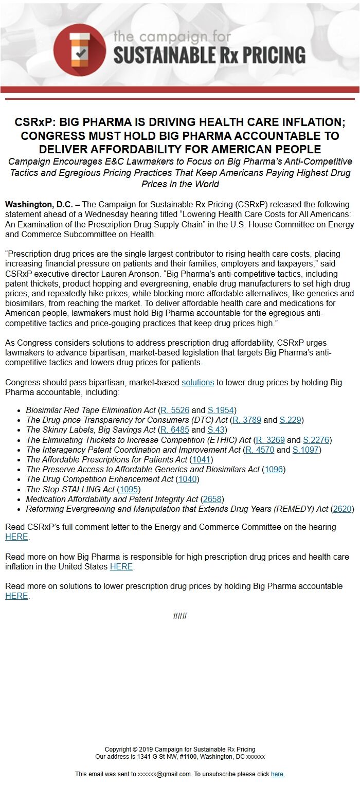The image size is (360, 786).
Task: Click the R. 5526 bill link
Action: click(175, 410)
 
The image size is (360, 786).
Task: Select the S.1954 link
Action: click(221, 410)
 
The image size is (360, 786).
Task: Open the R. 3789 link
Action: click(247, 420)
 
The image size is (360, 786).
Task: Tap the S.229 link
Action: click(290, 420)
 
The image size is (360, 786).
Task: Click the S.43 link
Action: click(216, 430)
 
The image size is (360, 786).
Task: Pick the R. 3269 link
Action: click(270, 440)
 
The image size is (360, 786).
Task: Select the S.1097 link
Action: click(305, 450)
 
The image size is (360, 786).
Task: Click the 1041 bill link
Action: click(202, 460)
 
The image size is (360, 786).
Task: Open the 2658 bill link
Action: click(212, 499)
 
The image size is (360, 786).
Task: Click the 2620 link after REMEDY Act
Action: click(343, 509)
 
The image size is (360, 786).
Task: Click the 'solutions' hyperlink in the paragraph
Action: click(197, 383)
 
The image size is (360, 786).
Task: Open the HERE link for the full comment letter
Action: click(16, 537)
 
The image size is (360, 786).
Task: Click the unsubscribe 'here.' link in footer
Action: click(278, 774)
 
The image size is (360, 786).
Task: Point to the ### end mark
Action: click(180, 616)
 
